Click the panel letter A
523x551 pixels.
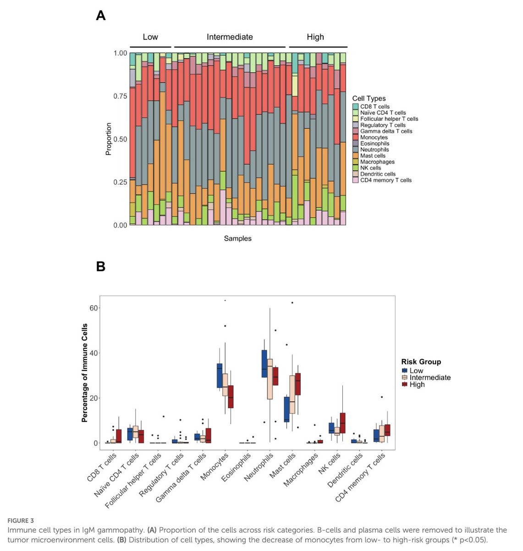click(101, 16)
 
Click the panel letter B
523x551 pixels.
click(101, 266)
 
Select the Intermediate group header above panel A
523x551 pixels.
click(230, 37)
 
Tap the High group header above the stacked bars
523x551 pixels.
click(315, 37)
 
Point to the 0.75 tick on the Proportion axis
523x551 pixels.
click(120, 96)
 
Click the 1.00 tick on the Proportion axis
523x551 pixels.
click(120, 53)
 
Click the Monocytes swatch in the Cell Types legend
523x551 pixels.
click(356, 137)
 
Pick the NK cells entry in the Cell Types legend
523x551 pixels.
click(370, 168)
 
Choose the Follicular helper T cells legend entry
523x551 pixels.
click(389, 119)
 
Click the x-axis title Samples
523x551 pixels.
click(237, 238)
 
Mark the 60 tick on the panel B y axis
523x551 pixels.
click(94, 308)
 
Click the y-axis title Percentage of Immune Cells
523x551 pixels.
click(85, 373)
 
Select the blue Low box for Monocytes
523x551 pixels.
click(220, 375)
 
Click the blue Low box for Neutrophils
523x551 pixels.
click(264, 364)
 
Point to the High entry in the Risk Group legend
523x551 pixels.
click(417, 385)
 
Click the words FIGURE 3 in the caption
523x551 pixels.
click(21, 521)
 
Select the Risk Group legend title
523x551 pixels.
click(421, 362)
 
